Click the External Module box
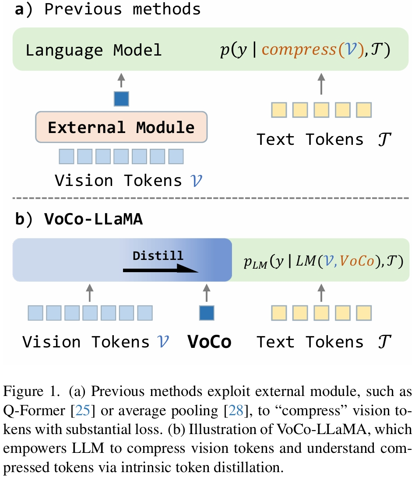(x=121, y=127)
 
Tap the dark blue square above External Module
(x=121, y=99)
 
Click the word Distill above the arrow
(x=158, y=255)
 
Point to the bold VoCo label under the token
(x=209, y=341)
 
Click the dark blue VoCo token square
(x=207, y=313)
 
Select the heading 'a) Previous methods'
(x=108, y=10)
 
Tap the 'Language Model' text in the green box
(x=93, y=50)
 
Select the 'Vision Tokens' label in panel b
(x=86, y=341)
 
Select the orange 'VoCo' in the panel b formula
(x=357, y=261)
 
